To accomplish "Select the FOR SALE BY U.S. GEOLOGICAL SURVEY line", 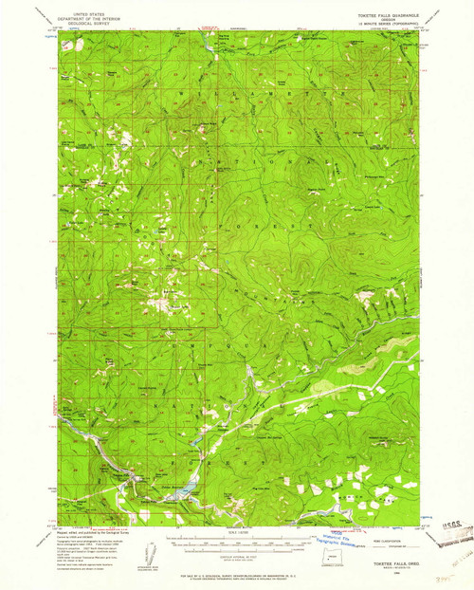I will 236,573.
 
